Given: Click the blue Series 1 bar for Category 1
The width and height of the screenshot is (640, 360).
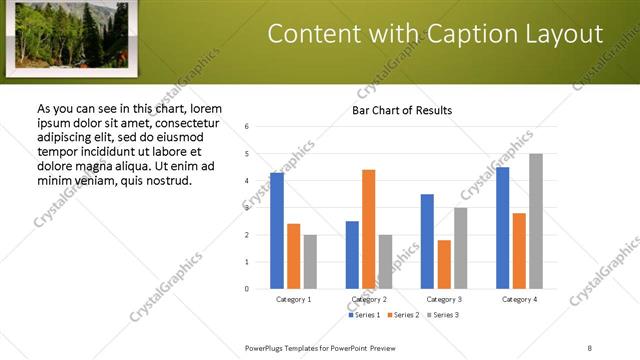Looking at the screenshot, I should pyautogui.click(x=277, y=231).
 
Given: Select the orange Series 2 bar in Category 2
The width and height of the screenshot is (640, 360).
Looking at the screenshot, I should pyautogui.click(x=369, y=229).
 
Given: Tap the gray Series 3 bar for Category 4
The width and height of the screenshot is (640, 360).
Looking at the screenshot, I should pyautogui.click(x=536, y=221).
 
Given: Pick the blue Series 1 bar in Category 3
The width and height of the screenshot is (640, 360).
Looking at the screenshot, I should pyautogui.click(x=427, y=241).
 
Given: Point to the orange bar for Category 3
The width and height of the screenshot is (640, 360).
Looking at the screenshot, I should pyautogui.click(x=444, y=264).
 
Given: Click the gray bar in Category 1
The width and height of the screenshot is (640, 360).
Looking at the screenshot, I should pyautogui.click(x=310, y=262).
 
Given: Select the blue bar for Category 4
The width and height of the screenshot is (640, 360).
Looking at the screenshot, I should pyautogui.click(x=503, y=228).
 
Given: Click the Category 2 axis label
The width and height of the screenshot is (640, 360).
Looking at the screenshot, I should pyautogui.click(x=369, y=299).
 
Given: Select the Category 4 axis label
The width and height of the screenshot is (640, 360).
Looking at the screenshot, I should pyautogui.click(x=519, y=299).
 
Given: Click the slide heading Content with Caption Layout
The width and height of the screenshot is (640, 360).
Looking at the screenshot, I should pyautogui.click(x=435, y=34).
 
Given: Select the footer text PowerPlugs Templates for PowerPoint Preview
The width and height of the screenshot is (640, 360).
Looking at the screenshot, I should pyautogui.click(x=320, y=348).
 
